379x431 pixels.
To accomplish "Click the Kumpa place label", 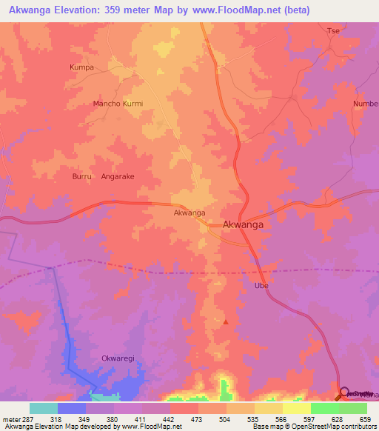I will pyautogui.click(x=81, y=67).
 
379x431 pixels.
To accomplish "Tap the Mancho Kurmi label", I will pyautogui.click(x=117, y=104).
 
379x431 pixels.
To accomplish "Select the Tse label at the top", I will pyautogui.click(x=333, y=30).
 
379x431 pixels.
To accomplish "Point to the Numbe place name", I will pyautogui.click(x=366, y=104).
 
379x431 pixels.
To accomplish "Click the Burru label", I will pyautogui.click(x=81, y=177).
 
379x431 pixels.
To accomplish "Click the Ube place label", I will pyautogui.click(x=261, y=285).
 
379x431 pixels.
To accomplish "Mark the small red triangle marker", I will pyautogui.click(x=226, y=322).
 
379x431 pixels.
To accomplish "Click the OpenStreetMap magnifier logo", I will pyautogui.click(x=344, y=392).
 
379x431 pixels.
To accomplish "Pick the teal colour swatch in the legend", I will pyautogui.click(x=44, y=408).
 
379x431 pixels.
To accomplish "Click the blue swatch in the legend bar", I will pyautogui.click(x=72, y=408).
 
